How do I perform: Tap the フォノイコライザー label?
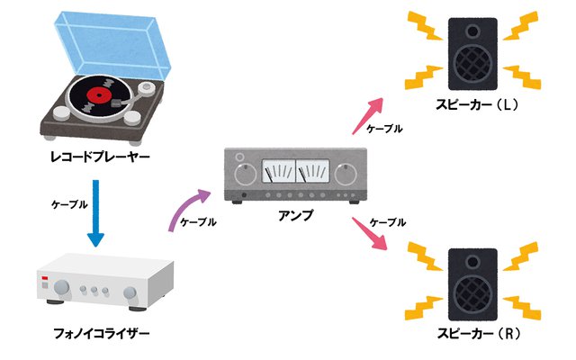[x=97, y=335]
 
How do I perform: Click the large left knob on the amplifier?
[x=241, y=172]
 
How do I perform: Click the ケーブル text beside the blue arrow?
[x=67, y=203]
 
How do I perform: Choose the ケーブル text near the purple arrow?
[x=198, y=221]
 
